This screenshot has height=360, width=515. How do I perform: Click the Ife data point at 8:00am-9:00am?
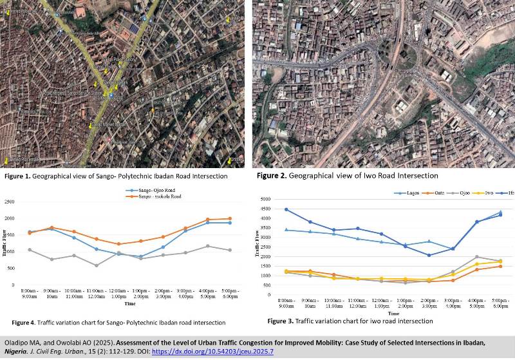[286, 209]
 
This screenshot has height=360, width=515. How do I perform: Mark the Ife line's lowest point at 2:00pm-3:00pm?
[429, 255]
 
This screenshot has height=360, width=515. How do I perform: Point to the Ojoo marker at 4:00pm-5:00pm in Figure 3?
[476, 257]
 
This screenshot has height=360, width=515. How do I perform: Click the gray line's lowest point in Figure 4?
[96, 265]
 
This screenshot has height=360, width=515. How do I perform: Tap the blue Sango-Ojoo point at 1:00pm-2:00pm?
[140, 256]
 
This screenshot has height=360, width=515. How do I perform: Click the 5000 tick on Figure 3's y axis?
[265, 200]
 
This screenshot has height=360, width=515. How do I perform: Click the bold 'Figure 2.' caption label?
[271, 176]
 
